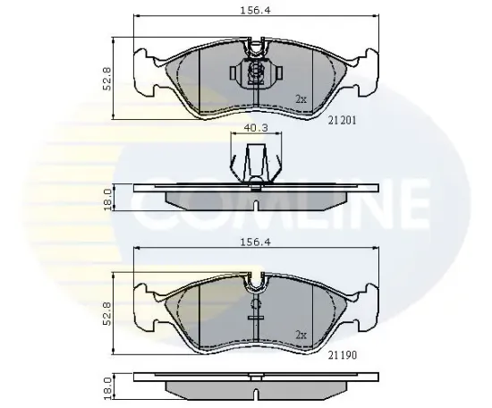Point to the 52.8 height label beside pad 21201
(107, 79)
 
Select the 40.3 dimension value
(256, 127)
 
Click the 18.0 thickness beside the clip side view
(107, 199)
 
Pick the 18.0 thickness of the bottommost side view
(107, 387)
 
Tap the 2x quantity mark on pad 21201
(301, 99)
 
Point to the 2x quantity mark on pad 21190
(301, 335)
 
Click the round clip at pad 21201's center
(256, 72)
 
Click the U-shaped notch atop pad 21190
(256, 282)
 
